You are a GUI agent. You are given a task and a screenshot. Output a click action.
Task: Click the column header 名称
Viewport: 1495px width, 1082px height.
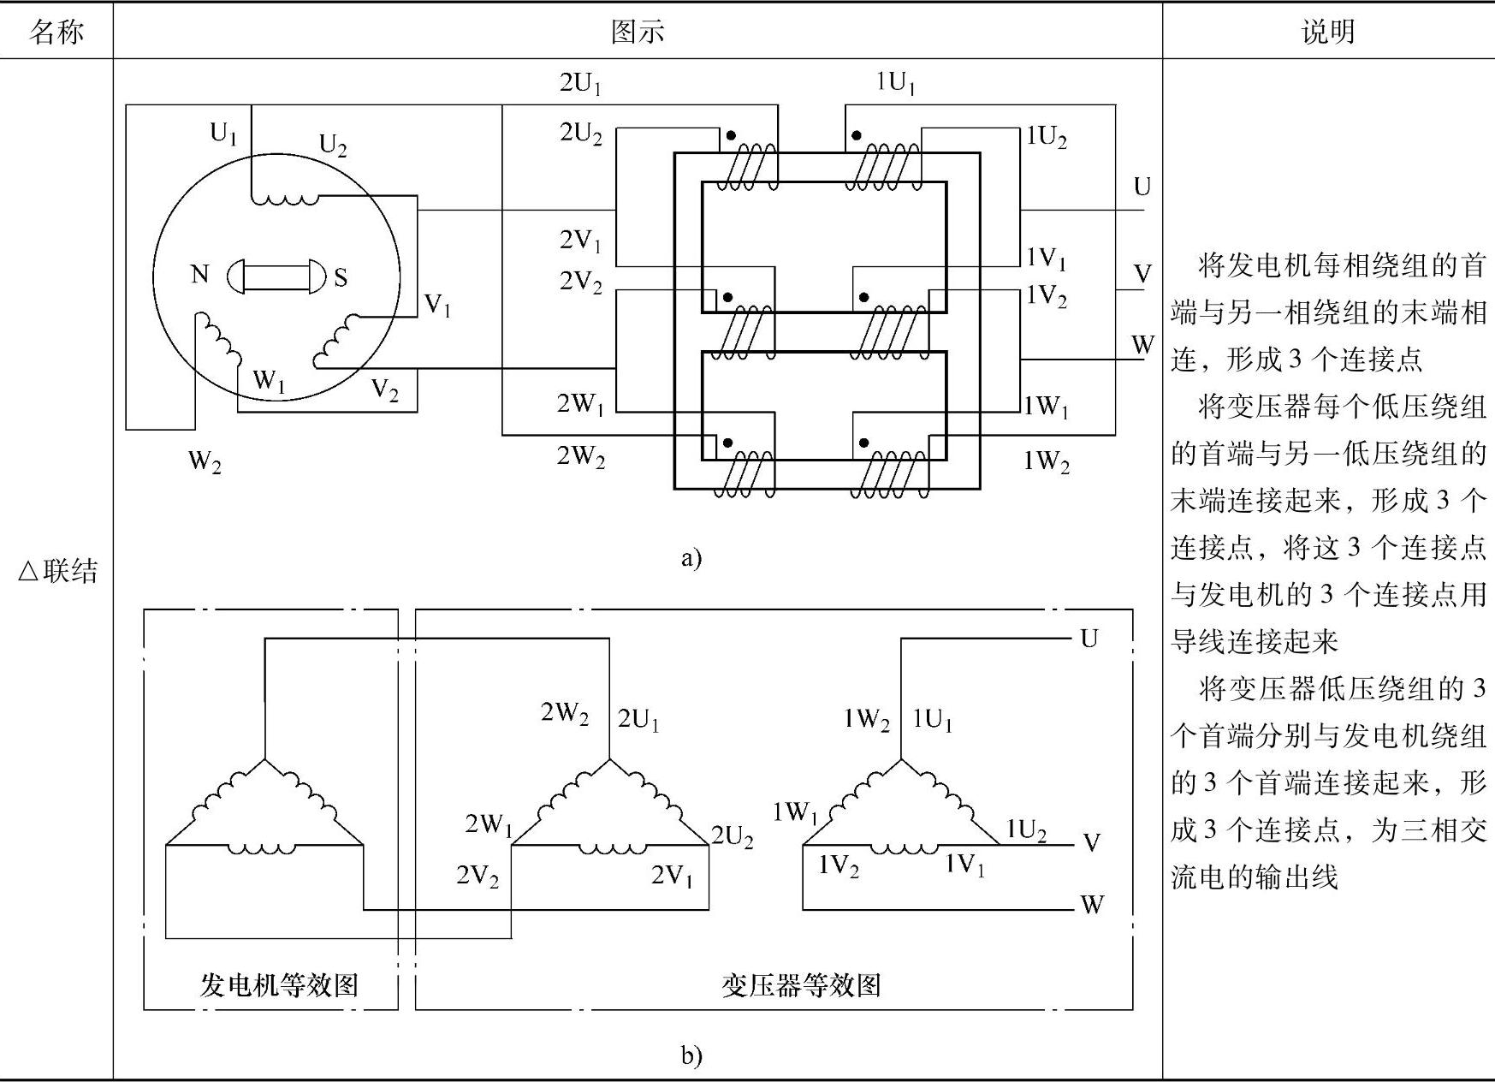click(x=56, y=32)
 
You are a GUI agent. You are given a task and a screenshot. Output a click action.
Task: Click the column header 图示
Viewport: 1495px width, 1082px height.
click(x=638, y=32)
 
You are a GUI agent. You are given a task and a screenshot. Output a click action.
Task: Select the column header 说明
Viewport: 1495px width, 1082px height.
click(x=1328, y=32)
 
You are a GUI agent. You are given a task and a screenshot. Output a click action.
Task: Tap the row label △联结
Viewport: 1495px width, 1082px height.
click(x=57, y=571)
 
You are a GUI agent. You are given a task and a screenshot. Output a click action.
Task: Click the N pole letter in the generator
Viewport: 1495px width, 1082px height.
click(x=199, y=274)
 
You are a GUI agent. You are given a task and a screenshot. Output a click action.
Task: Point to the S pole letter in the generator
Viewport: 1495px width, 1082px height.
click(x=341, y=277)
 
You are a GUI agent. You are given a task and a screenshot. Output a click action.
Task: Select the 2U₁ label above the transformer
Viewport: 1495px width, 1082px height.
click(x=581, y=84)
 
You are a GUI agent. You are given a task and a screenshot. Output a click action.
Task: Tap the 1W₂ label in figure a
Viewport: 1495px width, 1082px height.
click(x=1047, y=462)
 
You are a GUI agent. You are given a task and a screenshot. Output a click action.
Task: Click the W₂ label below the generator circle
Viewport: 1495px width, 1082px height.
click(x=205, y=462)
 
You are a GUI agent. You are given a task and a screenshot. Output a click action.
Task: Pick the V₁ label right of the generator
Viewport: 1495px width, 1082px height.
click(x=437, y=306)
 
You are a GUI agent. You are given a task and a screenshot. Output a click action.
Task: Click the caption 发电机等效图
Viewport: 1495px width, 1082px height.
click(x=279, y=985)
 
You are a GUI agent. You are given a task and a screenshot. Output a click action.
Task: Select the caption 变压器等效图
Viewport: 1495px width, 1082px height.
click(x=802, y=985)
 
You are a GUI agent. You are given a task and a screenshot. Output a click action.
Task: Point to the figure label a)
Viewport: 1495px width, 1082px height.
click(x=691, y=558)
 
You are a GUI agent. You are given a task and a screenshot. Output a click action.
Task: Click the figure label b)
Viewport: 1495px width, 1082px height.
click(x=691, y=1055)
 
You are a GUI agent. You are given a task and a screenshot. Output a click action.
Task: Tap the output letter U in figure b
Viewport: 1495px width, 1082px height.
click(x=1089, y=639)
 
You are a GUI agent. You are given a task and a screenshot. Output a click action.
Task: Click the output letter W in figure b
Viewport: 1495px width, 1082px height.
click(x=1092, y=905)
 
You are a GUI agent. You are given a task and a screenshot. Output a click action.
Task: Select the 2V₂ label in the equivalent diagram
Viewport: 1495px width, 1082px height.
click(x=478, y=876)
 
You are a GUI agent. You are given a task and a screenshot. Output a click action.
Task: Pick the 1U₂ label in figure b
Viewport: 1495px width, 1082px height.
click(x=1026, y=830)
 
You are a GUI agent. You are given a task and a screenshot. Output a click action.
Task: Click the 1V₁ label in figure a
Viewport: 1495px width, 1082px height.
click(x=1047, y=257)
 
